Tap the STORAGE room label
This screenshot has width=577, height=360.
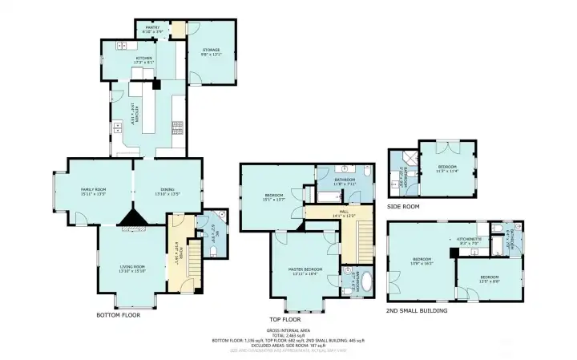point(209,51)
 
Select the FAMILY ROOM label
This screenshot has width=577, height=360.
point(93,190)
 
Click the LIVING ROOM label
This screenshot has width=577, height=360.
point(131,267)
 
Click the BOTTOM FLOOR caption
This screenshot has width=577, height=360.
point(118,314)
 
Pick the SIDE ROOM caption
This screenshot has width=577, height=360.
point(403,205)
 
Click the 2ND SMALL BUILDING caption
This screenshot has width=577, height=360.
point(416,310)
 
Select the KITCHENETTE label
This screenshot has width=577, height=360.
point(470,239)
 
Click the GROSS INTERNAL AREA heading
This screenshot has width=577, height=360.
point(288,330)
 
